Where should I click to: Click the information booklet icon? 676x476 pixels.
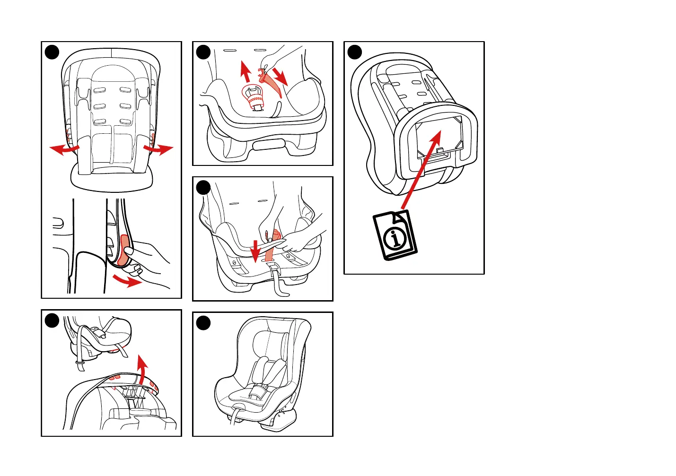tap(394, 235)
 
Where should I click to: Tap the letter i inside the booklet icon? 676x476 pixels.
tap(395, 238)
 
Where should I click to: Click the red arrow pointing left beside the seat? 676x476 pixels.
tap(63, 149)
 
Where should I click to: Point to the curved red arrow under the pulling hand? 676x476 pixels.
tap(128, 282)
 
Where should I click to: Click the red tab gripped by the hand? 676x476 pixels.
tap(124, 248)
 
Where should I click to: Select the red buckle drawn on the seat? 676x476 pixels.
tap(254, 97)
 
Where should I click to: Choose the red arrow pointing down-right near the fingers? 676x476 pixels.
tap(281, 76)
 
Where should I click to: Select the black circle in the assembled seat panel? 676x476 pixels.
tap(203, 322)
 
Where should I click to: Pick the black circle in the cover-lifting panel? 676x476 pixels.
tap(52, 320)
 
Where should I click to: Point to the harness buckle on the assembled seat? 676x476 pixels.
tap(258, 390)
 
